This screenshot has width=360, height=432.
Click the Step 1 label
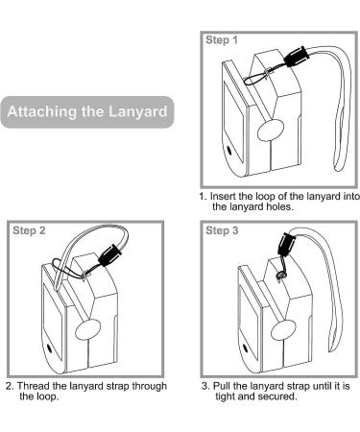(x=222, y=40)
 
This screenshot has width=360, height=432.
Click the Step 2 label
(x=29, y=230)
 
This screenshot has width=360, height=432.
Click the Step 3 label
(x=222, y=230)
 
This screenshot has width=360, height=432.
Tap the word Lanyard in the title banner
(x=137, y=111)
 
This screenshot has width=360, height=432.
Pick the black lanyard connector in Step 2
(x=110, y=255)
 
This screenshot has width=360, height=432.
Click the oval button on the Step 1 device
(x=271, y=131)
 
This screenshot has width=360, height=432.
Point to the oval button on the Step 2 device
(x=87, y=329)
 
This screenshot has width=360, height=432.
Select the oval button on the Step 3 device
(x=283, y=329)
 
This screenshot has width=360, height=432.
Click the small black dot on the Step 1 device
(x=228, y=150)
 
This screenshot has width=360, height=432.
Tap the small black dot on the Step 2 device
(x=49, y=348)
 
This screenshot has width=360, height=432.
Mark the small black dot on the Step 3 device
(x=245, y=348)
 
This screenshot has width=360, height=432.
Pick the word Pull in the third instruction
(x=222, y=386)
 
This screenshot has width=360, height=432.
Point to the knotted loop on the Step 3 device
(x=281, y=275)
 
